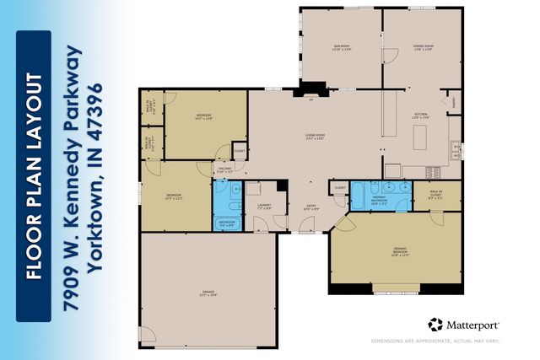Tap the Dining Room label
click(423, 48)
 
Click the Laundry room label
click(263, 207)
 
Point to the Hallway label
click(225, 169)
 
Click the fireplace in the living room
click(313, 87)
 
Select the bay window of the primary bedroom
click(396, 287)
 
